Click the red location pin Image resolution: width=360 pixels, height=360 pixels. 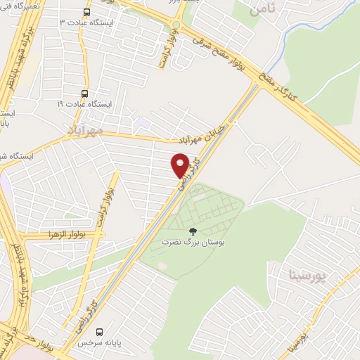coord(180,166)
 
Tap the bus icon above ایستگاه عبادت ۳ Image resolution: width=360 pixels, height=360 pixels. coord(86,12)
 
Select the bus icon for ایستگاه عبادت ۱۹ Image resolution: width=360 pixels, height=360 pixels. coord(85,93)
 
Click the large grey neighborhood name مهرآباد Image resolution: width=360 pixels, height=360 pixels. coord(86,130)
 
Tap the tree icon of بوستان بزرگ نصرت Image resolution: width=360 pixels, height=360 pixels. coord(191,231)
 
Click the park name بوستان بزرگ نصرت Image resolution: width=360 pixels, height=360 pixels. coord(192,242)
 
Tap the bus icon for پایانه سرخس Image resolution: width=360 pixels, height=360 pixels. coord(99,331)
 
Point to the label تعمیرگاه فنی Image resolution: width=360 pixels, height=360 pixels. coord(26,5)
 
